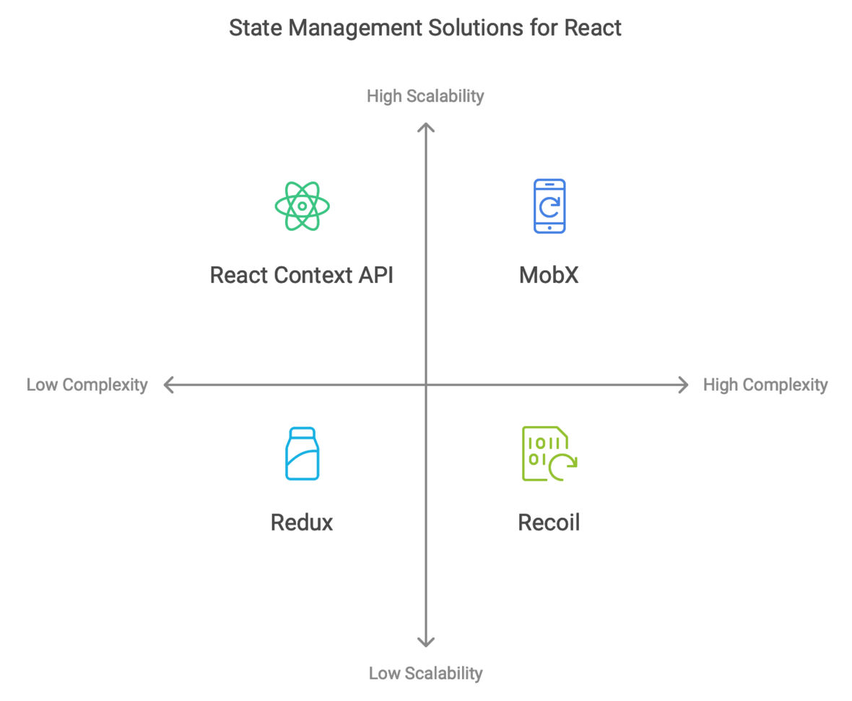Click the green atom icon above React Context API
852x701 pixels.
pyautogui.click(x=303, y=206)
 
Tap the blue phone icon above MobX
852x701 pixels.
pyautogui.click(x=549, y=206)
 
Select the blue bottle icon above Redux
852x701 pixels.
pyautogui.click(x=303, y=453)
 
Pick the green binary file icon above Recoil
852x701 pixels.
pyautogui.click(x=549, y=453)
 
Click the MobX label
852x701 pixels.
pyautogui.click(x=549, y=275)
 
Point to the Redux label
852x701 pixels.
pyautogui.click(x=302, y=522)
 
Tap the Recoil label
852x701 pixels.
pyautogui.click(x=549, y=522)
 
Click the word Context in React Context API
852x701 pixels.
pyautogui.click(x=313, y=275)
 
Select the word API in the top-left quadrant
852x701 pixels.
pyautogui.click(x=375, y=275)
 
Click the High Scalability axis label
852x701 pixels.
pyautogui.click(x=425, y=96)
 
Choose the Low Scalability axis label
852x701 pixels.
pyautogui.click(x=425, y=674)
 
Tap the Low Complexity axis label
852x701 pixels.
pyautogui.click(x=87, y=385)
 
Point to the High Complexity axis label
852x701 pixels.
pyautogui.click(x=765, y=385)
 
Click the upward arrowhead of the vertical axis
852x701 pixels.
pyautogui.click(x=426, y=127)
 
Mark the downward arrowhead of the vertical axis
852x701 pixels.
pyautogui.click(x=426, y=643)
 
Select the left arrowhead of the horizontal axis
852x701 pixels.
pyautogui.click(x=169, y=385)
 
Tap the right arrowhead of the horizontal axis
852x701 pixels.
pyautogui.click(x=683, y=385)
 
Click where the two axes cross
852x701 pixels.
pyautogui.click(x=426, y=385)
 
